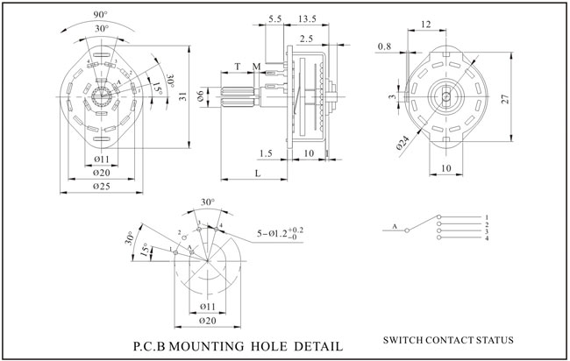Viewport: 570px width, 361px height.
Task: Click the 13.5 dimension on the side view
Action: click(x=308, y=18)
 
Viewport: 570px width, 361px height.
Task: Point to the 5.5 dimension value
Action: click(x=274, y=18)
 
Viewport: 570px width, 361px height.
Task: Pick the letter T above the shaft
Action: click(x=238, y=67)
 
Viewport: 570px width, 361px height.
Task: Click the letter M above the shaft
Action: click(x=255, y=67)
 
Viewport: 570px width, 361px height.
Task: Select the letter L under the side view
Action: click(x=257, y=174)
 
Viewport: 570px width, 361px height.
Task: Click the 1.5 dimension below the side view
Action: click(x=267, y=152)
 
